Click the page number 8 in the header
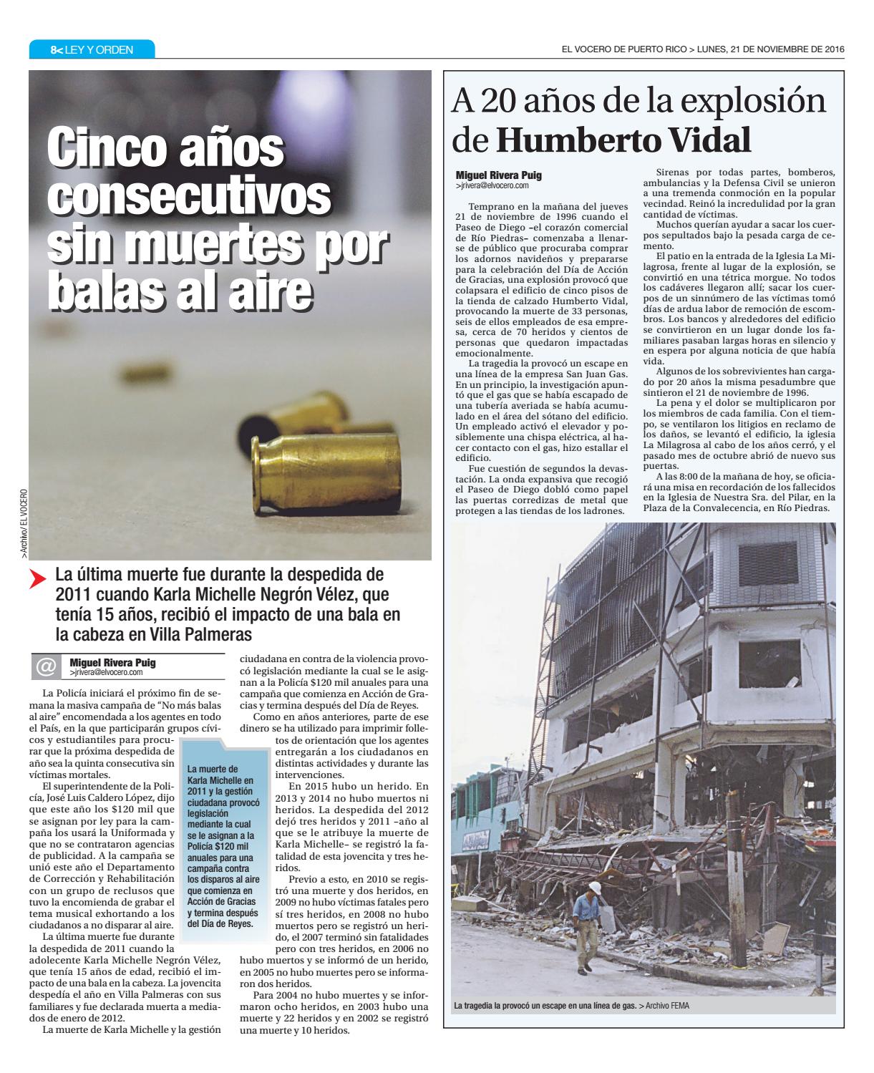53,50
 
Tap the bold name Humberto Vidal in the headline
623,141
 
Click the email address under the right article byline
492,185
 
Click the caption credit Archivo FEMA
666,1006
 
